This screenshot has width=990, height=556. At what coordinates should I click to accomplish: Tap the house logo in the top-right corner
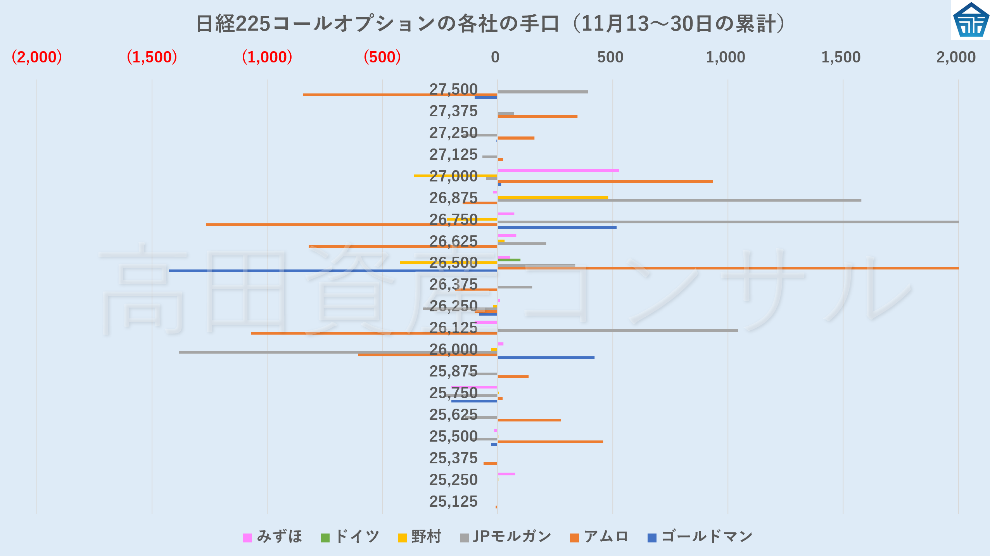(971, 20)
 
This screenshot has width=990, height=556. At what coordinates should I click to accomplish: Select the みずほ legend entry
(273, 537)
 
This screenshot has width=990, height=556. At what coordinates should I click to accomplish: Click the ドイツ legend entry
(350, 537)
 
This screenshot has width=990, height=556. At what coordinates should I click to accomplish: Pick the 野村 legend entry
(420, 537)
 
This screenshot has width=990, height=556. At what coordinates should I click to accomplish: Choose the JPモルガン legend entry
(505, 537)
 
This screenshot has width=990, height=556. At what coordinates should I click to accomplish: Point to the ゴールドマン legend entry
(700, 537)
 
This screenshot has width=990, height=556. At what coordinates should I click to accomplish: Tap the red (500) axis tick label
(382, 57)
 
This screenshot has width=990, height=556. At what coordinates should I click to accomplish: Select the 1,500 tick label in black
(841, 57)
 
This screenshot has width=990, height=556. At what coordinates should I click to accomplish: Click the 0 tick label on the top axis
(495, 57)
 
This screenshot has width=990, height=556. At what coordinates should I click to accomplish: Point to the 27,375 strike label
(453, 111)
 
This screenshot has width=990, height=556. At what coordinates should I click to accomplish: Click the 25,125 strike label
(453, 502)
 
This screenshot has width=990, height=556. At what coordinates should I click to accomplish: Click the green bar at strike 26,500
(509, 260)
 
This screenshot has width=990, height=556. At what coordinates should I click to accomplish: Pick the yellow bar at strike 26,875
(553, 197)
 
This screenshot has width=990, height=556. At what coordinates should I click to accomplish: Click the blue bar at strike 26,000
(546, 357)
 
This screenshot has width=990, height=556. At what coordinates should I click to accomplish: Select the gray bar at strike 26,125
(617, 330)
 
